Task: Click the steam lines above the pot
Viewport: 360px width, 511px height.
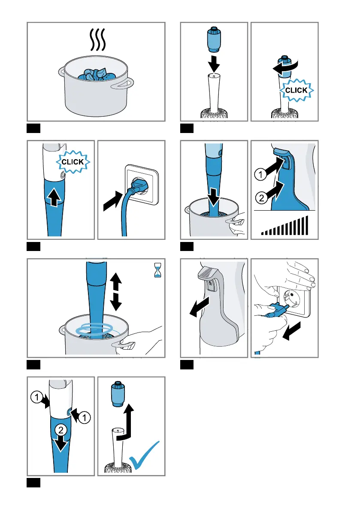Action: pos(98,39)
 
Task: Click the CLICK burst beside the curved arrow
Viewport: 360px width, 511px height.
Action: pos(296,90)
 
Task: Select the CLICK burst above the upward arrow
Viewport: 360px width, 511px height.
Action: pos(73,162)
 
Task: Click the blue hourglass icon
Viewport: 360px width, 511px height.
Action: pos(157,271)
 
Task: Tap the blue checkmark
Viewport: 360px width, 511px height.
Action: pos(144,455)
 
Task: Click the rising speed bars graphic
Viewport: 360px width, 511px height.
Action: pos(284,226)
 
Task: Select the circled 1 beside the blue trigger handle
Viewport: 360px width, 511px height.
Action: pos(260,174)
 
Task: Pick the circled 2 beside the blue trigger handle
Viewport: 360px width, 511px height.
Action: pos(261,198)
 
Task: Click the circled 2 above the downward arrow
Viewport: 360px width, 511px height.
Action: pos(61,430)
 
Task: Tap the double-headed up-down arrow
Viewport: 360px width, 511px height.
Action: pos(116,291)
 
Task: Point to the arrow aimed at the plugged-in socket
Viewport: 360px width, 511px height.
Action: pos(113,201)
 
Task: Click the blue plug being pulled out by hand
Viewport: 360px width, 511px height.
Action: pos(275,309)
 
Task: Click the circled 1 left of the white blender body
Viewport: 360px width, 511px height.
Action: pos(36,397)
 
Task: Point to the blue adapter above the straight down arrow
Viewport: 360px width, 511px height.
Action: pos(214,39)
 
